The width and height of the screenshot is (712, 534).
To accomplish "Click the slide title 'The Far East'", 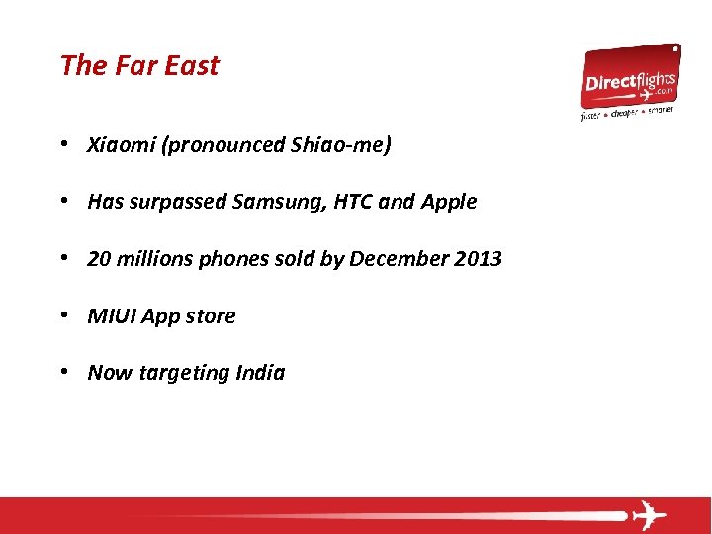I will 139,65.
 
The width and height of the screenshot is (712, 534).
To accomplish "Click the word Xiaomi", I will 122,145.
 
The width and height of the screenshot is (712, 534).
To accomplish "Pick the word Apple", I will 449,202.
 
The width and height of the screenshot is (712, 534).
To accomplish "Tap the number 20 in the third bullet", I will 99,259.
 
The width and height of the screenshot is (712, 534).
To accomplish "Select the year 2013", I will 478,259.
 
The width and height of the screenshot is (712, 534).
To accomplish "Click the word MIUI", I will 112,316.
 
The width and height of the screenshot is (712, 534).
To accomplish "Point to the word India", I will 260,373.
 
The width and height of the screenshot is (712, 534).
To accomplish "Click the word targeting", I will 184,374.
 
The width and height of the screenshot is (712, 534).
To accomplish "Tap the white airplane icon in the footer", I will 648,515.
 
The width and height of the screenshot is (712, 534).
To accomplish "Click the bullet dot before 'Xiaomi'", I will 63,145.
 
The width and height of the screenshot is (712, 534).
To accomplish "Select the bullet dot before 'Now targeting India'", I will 63,373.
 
